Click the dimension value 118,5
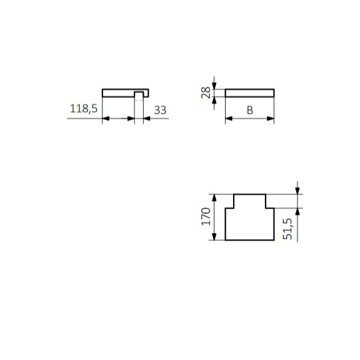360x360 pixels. click(84, 109)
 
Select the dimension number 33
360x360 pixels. click(160, 110)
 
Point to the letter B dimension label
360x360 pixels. click(249, 111)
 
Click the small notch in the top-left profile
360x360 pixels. click(139, 94)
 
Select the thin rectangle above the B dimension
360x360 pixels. click(249, 92)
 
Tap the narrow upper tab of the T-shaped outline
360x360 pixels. click(249, 201)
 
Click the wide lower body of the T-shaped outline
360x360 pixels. click(249, 224)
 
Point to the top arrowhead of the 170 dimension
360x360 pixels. click(215, 197)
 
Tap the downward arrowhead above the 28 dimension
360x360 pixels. click(214, 84)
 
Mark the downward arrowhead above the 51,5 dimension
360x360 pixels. click(297, 189)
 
